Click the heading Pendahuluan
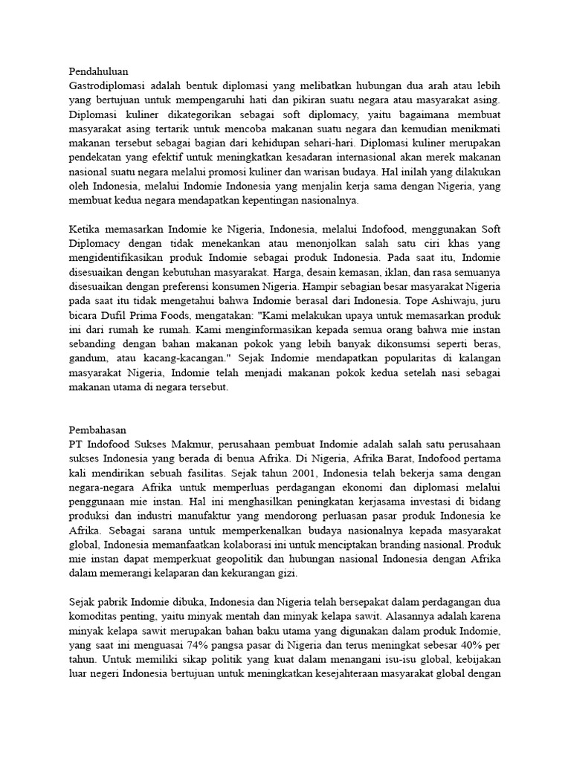98,72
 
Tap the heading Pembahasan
97,430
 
